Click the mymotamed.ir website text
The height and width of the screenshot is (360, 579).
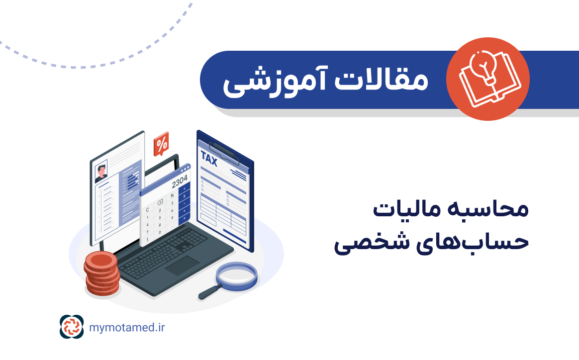click(x=127, y=327)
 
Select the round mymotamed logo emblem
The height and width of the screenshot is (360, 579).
click(x=72, y=327)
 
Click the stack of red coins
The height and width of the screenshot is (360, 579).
click(x=101, y=273)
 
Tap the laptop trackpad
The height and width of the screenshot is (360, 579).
click(x=183, y=266)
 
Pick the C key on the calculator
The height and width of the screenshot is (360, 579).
click(x=147, y=210)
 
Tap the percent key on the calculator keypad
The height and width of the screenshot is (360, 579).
click(x=172, y=195)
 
